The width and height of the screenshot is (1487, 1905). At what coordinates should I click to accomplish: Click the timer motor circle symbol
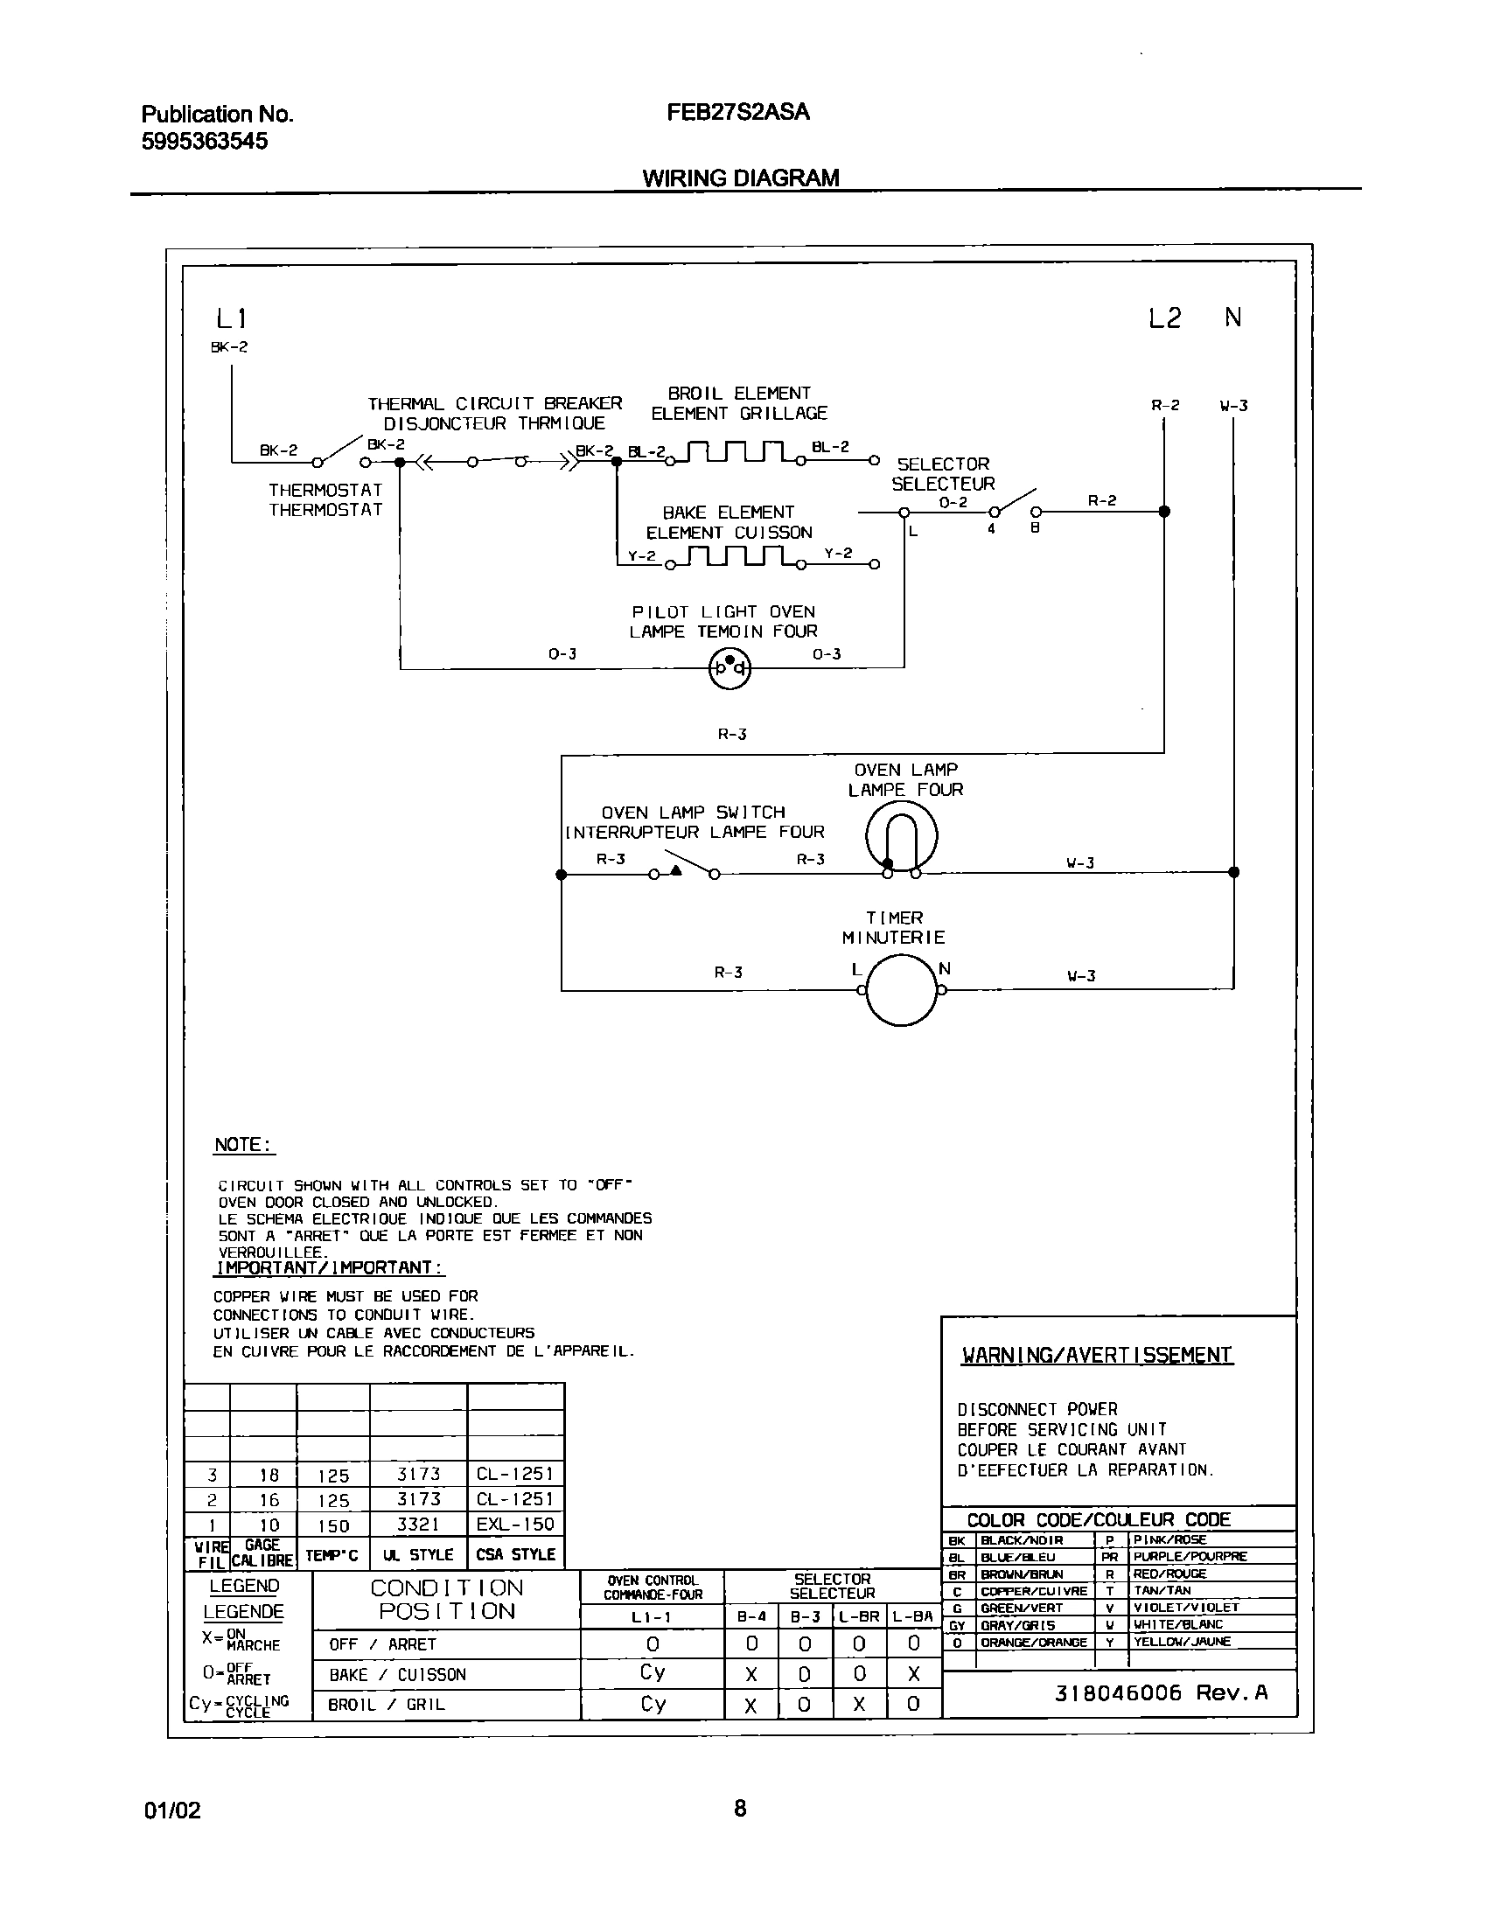point(902,989)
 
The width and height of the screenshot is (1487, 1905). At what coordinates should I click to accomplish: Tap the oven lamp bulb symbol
point(902,836)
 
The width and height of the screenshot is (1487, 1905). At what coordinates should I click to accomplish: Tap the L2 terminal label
point(1164,318)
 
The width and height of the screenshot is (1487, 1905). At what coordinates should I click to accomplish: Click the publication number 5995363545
point(205,141)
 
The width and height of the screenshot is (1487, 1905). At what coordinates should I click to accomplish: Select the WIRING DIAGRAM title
point(740,178)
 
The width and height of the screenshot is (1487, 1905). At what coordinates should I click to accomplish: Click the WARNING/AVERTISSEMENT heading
point(1097,1355)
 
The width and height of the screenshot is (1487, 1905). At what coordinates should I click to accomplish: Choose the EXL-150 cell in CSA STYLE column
point(515,1525)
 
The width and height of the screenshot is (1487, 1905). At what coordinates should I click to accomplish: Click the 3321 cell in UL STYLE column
point(418,1525)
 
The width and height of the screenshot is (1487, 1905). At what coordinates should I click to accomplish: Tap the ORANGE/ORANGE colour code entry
point(1033,1643)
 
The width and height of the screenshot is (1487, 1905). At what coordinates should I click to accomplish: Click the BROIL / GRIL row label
point(386,1705)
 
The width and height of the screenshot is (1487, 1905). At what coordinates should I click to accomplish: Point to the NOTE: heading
point(243,1145)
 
